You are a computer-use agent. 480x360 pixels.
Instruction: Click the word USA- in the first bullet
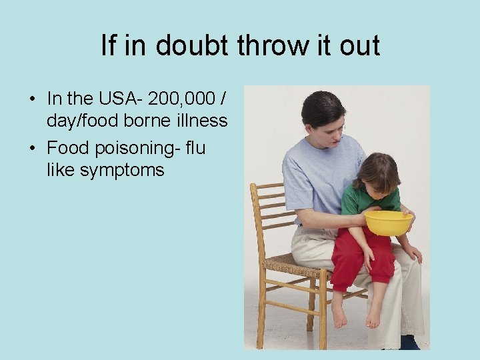point(119,99)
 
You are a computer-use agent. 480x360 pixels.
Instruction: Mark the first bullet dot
point(32,99)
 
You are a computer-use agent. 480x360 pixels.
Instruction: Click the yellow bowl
point(388,223)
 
